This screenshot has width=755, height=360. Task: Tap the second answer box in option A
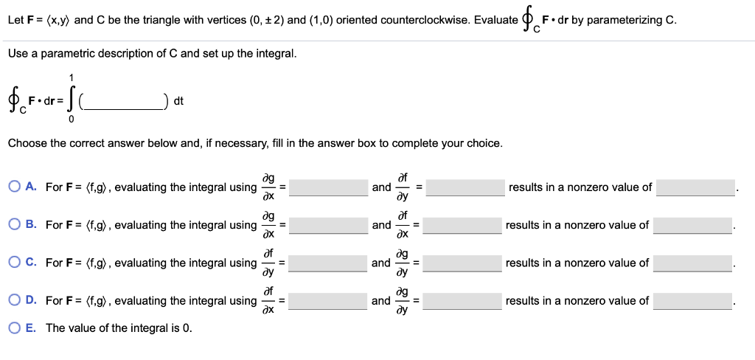coord(462,187)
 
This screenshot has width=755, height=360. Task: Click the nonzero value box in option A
coord(696,187)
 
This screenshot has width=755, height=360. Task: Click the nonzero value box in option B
coord(693,225)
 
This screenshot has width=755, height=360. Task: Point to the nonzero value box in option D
coord(693,300)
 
